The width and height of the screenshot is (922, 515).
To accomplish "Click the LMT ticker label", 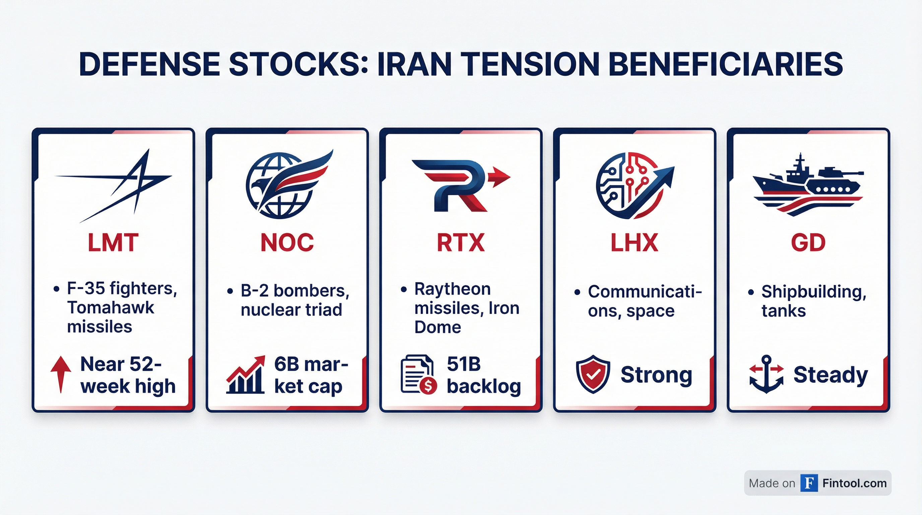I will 113,242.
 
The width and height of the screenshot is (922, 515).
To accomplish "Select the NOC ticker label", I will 287,242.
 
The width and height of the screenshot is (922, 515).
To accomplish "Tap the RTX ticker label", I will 461,242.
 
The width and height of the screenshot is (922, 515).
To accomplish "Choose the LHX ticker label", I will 634,242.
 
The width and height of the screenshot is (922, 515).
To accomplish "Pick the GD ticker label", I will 808,242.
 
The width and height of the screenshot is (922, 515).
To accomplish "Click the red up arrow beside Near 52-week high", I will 61,374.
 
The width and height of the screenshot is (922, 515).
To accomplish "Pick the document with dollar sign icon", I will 418,374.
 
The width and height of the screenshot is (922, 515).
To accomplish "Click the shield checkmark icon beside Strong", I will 593,374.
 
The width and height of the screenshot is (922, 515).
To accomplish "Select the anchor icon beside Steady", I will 766,374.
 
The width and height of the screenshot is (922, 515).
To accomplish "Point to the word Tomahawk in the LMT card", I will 111,308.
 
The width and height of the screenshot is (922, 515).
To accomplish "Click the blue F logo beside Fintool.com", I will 809,483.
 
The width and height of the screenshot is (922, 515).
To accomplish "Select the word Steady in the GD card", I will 831,375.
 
